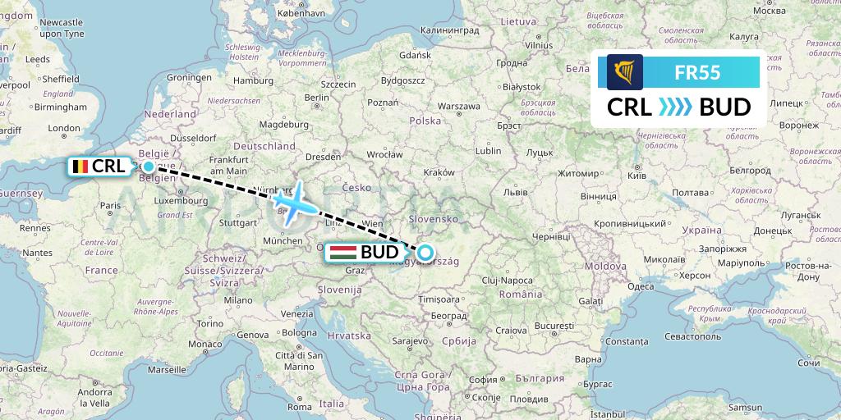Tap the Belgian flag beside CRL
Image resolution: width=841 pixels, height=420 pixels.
pyautogui.click(x=79, y=167)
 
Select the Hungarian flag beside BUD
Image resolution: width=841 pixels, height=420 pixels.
pyautogui.click(x=342, y=253)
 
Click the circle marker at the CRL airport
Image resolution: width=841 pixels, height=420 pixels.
pyautogui.click(x=148, y=167)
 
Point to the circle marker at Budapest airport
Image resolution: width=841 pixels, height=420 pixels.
pyautogui.click(x=425, y=252)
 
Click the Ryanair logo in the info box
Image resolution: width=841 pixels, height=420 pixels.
pyautogui.click(x=624, y=72)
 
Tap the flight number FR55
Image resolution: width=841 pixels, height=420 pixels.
pyautogui.click(x=696, y=72)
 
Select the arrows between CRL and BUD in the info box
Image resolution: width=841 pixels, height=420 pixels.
pyautogui.click(x=676, y=107)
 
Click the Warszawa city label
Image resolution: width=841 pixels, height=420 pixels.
pyautogui.click(x=459, y=107)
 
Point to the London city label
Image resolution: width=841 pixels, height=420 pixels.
pyautogui.click(x=64, y=128)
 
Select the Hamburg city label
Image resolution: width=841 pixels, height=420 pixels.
pyautogui.click(x=252, y=80)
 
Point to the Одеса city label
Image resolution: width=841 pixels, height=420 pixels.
pyautogui.click(x=640, y=286)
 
